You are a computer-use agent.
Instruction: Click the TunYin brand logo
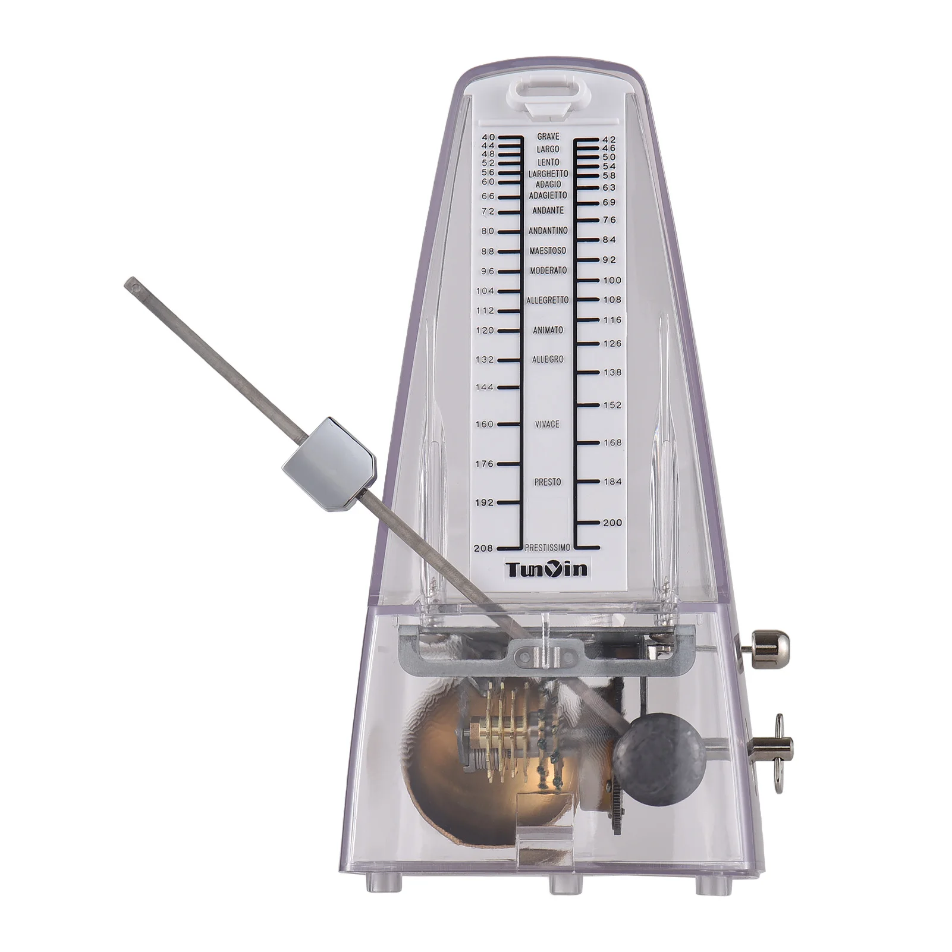point(547,570)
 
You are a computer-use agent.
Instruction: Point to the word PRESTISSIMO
point(548,547)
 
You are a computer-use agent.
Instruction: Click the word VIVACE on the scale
point(546,424)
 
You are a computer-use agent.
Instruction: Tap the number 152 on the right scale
point(612,405)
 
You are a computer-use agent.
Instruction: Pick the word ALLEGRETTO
point(547,300)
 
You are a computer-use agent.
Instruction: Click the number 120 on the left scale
point(485,330)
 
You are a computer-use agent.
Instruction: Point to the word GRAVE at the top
point(548,137)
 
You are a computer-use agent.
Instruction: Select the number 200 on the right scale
point(612,523)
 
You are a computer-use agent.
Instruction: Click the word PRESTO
point(547,482)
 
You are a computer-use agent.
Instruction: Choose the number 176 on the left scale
point(485,464)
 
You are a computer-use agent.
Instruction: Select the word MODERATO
point(548,271)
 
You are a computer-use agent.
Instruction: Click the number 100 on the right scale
point(612,280)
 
